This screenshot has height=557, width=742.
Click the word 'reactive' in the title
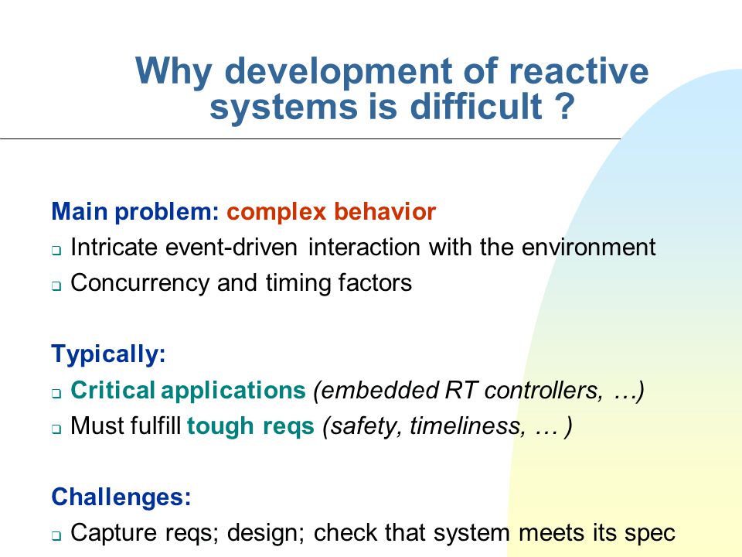coord(578,71)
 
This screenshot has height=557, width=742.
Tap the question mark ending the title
coord(564,106)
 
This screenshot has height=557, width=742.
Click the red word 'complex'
coord(277,212)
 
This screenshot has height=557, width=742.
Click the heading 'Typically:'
coord(108,354)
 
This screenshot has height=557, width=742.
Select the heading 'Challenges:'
coord(121,497)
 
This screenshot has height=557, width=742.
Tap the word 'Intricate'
coord(113,248)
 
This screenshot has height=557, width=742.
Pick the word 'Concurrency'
coord(140,283)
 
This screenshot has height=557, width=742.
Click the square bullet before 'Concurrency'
coord(56,286)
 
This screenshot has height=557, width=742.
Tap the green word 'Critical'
coord(113,390)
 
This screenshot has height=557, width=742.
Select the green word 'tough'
coord(221,425)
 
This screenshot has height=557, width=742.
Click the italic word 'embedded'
coord(377,390)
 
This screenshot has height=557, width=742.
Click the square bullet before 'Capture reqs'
coord(56,536)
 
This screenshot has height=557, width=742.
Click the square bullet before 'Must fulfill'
coord(56,429)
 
